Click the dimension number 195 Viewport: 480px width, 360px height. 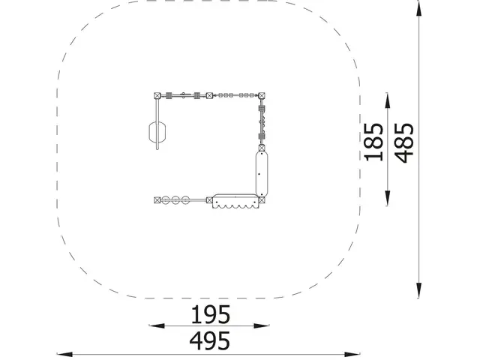[210, 314]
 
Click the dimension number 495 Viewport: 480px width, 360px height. [210, 340]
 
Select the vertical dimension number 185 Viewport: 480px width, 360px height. [373, 142]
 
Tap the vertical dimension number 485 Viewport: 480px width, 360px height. [404, 142]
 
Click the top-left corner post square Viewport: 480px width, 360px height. [157, 95]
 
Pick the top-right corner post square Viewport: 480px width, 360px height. [262, 96]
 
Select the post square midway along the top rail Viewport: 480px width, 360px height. [209, 96]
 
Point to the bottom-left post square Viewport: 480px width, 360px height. [157, 200]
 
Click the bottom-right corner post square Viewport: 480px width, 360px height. [262, 200]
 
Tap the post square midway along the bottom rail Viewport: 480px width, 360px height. [209, 200]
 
